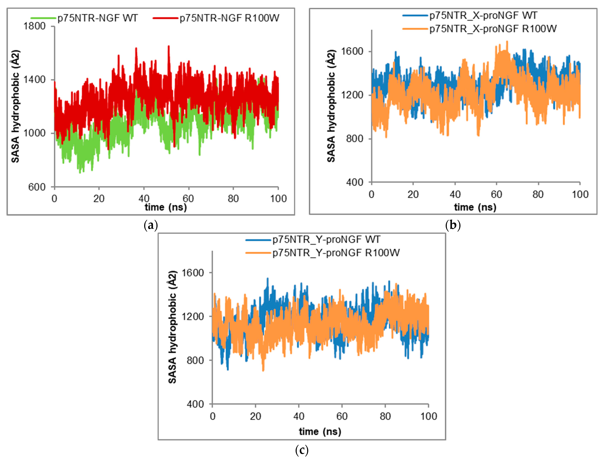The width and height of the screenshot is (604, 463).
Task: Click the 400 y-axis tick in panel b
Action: [355, 182]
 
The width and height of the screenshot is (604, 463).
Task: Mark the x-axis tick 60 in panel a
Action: [188, 198]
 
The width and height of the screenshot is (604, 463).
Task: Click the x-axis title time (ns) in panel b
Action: [475, 207]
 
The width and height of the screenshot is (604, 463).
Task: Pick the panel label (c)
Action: [302, 450]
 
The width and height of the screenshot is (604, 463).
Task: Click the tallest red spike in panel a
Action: [169, 46]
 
